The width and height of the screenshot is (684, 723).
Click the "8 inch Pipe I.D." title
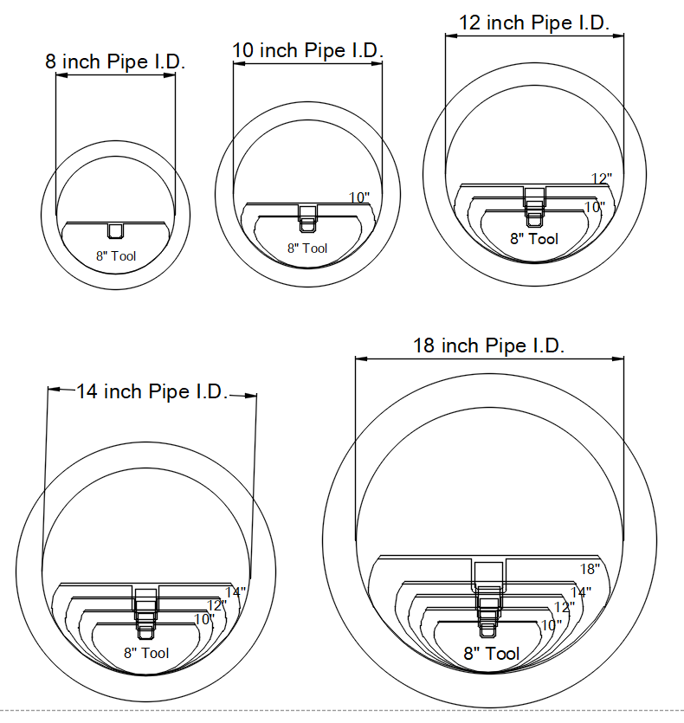[115, 61]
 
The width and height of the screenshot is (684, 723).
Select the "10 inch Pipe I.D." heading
[307, 51]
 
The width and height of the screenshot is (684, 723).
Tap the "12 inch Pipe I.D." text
[534, 23]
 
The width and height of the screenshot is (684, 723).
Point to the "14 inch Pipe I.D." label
[152, 392]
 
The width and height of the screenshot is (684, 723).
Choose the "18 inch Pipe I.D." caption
[488, 345]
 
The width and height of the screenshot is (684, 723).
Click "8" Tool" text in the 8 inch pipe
[116, 256]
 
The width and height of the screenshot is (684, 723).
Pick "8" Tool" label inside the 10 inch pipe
[307, 248]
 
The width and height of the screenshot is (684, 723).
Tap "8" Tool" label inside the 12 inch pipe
[534, 239]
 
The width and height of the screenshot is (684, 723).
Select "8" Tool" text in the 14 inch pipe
[146, 653]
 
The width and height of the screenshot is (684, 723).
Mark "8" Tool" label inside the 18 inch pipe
[492, 654]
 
